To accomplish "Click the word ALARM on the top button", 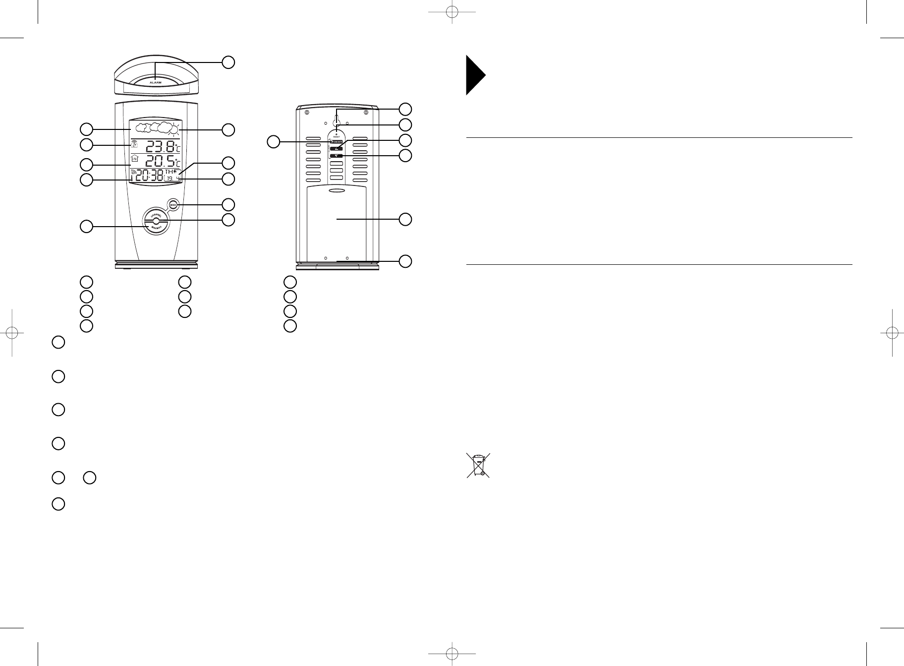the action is [156, 82].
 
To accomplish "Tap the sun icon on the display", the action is [174, 129].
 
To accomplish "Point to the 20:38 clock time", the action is [150, 176].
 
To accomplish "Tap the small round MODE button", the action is [173, 204].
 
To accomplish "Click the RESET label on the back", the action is [336, 136].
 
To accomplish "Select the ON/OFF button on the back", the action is [336, 142].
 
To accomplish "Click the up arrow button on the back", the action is [336, 149].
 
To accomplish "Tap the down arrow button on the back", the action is [336, 156].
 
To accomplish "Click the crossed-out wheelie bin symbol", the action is [478, 465].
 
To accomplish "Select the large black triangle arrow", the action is [474, 75].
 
